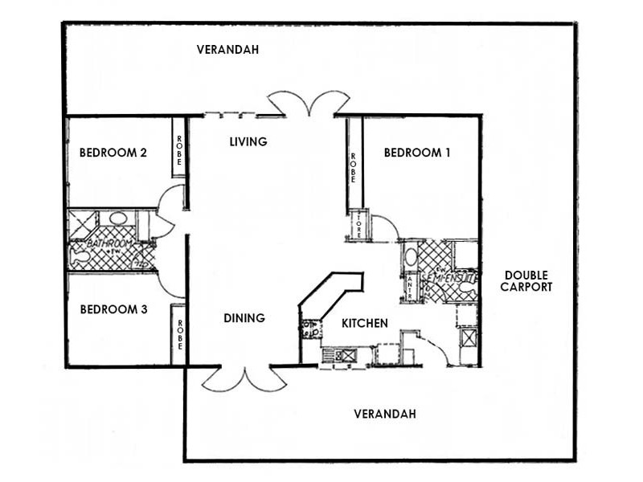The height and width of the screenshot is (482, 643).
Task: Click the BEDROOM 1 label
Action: point(416,153)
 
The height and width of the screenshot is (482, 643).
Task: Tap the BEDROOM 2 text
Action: point(113,153)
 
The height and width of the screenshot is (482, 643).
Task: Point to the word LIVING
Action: point(248,142)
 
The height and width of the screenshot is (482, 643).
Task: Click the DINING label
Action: point(244,318)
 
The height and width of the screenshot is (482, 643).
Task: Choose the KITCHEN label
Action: point(365,323)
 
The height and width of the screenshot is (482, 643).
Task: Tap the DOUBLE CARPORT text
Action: point(527,280)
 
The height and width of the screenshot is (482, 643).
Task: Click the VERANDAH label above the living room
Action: point(227,50)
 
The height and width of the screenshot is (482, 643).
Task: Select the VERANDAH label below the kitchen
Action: point(385,415)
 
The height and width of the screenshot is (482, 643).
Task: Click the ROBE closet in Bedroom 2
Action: point(179,148)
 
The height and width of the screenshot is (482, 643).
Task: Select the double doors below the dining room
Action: point(244,378)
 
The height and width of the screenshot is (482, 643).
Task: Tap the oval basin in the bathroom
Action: point(117,218)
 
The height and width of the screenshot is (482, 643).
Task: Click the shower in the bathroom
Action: point(80,223)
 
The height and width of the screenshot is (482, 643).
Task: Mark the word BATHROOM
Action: point(110,243)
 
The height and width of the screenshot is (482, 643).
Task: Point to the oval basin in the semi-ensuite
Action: point(410,257)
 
